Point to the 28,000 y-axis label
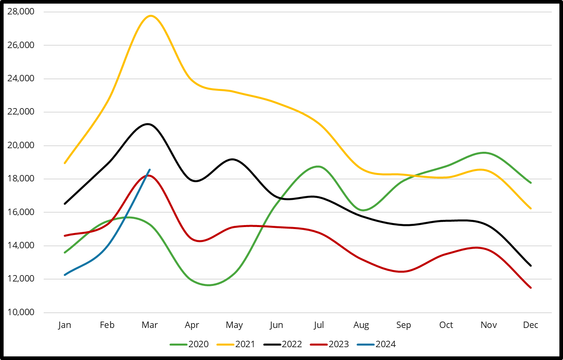[x=21, y=12]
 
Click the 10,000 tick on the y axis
[x=21, y=312]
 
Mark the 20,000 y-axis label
[x=21, y=145]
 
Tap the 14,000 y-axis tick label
[x=21, y=245]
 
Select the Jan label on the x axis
[x=65, y=325]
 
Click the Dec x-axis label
[x=531, y=325]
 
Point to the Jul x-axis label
[x=319, y=325]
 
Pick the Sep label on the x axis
[x=404, y=325]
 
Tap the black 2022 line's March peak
[x=149, y=124]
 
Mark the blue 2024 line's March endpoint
[x=149, y=169]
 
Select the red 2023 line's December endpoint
[x=531, y=288]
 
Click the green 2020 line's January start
[x=65, y=253]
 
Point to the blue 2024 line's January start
[x=65, y=275]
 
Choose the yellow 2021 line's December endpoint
[x=531, y=208]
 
